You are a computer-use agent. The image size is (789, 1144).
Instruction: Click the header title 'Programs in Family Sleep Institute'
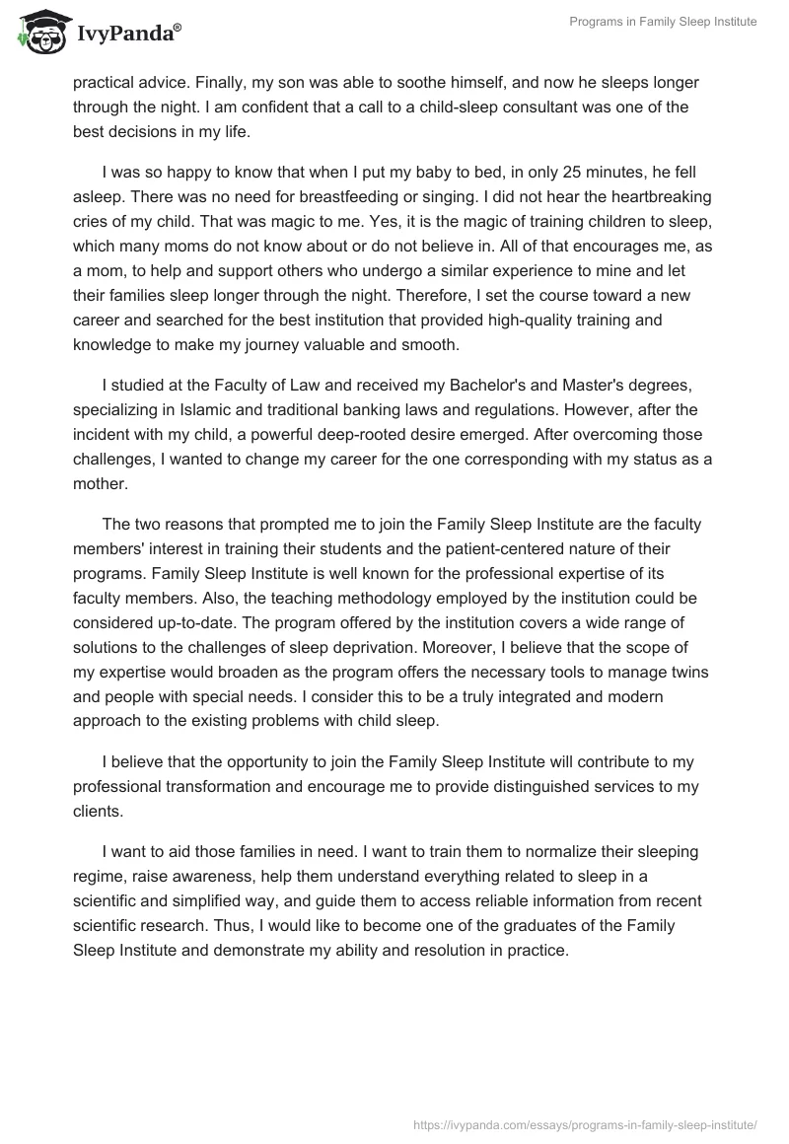pyautogui.click(x=664, y=22)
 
